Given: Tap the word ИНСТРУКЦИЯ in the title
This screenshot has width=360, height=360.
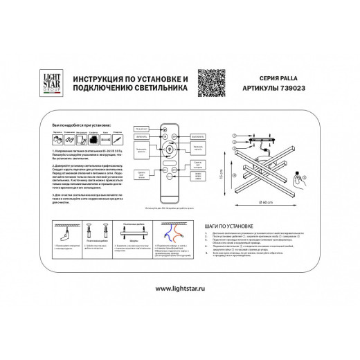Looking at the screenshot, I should click(91, 78).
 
